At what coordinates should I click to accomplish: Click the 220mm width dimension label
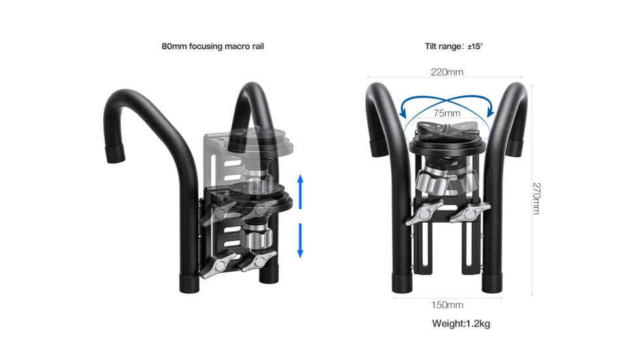point(446,72)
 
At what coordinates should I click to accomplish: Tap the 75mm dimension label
point(447,113)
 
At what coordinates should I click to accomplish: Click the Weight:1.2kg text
point(461,323)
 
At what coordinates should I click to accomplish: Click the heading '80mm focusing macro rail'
point(213,46)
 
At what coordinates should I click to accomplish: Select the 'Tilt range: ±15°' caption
point(453,46)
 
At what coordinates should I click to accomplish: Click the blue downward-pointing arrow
point(300,240)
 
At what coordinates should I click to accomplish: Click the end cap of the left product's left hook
point(115,155)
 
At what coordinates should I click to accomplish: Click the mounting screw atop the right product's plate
point(447,126)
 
